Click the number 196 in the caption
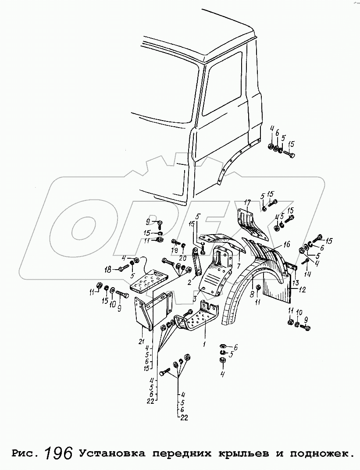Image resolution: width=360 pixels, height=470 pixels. [58, 453]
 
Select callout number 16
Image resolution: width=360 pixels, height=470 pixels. [287, 244]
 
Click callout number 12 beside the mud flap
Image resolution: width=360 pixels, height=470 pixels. [303, 289]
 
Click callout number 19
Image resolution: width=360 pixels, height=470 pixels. [175, 250]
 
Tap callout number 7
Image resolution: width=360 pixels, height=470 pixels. [239, 266]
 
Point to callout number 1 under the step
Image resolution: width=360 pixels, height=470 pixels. [204, 344]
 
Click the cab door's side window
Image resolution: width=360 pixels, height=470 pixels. [223, 83]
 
